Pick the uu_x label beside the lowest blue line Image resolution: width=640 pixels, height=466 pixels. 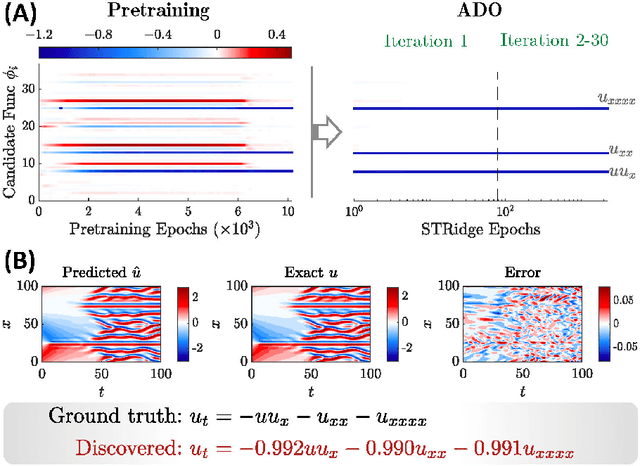point(609,172)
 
